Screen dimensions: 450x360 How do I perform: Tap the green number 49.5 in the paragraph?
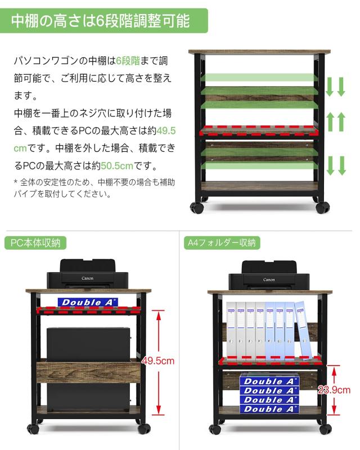click(x=165, y=130)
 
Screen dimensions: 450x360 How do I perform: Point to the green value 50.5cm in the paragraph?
click(x=117, y=166)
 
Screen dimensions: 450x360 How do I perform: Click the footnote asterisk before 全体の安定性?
click(x=15, y=182)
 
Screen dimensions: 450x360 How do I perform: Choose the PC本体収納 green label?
click(x=36, y=243)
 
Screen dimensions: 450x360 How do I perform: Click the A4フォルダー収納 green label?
click(x=222, y=243)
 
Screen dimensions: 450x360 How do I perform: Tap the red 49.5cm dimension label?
click(x=158, y=361)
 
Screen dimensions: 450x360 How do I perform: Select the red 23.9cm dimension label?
click(x=336, y=390)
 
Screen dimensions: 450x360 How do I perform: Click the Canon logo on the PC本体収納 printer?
click(x=88, y=278)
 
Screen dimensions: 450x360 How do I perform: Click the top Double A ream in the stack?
click(x=269, y=381)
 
